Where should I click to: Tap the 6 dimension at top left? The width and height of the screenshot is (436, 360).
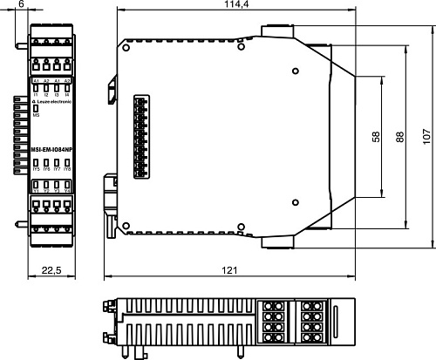(20, 6)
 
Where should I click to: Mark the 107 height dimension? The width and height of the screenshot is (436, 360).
(426, 138)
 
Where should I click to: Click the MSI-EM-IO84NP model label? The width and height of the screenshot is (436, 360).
(51, 150)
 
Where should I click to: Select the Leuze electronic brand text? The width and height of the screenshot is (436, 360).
(54, 102)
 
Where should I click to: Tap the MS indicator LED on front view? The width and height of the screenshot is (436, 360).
(37, 108)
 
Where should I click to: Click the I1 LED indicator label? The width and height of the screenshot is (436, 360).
(37, 92)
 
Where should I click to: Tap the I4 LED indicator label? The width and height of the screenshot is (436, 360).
(67, 92)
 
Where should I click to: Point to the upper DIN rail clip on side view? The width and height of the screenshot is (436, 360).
(112, 90)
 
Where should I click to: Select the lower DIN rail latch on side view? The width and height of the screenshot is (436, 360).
(111, 187)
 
